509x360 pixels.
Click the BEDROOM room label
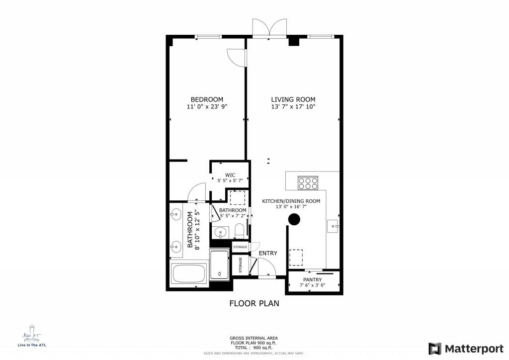tap(207, 99)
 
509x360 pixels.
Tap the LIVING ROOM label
tap(293, 99)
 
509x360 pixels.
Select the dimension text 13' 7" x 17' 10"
tap(293, 107)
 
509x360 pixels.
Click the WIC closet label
tap(230, 175)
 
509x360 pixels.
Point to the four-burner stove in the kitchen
tap(308, 183)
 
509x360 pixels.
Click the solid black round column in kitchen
tap(294, 219)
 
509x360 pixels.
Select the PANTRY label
tap(313, 280)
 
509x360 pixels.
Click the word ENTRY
tap(268, 254)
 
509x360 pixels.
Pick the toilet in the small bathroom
tap(239, 231)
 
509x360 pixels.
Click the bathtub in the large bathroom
tap(188, 274)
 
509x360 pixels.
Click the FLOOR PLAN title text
tap(254, 303)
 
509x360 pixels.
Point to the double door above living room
tap(269, 28)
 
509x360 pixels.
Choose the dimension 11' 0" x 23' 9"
tap(207, 107)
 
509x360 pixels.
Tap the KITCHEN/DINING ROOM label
tap(291, 201)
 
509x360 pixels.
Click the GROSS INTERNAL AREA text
tap(254, 338)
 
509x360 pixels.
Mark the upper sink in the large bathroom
tap(175, 215)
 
